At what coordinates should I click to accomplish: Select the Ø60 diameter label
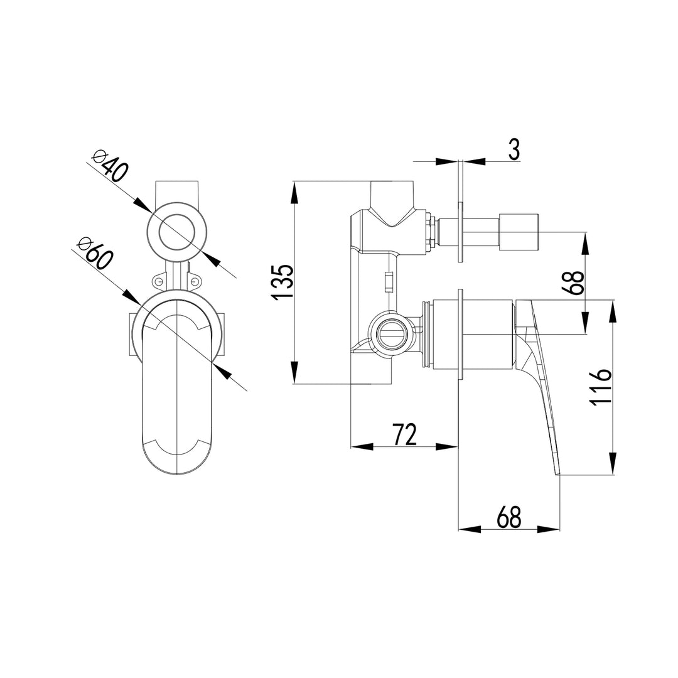94,252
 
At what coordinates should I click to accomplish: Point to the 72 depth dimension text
404,434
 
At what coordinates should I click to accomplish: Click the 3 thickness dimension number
514,150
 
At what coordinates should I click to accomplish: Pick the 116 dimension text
600,387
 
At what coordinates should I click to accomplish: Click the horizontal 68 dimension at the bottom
508,517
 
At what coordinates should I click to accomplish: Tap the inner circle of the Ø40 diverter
178,232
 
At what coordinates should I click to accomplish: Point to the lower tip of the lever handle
556,473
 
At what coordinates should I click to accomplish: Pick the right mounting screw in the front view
196,282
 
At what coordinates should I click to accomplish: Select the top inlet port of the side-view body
393,195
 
